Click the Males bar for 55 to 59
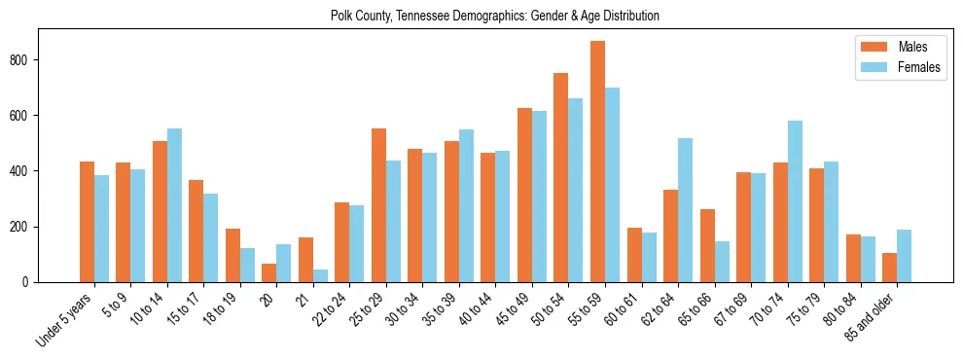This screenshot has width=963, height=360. pyautogui.click(x=597, y=162)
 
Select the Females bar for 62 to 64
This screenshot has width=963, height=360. pyautogui.click(x=685, y=210)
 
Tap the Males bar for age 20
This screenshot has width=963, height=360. pyautogui.click(x=268, y=272)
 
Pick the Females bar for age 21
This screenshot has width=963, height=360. pyautogui.click(x=320, y=275)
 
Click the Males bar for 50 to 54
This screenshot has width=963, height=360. pyautogui.click(x=560, y=177)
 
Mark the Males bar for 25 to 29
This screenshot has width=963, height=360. pyautogui.click(x=378, y=205)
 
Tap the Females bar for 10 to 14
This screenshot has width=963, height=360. pyautogui.click(x=174, y=205)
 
